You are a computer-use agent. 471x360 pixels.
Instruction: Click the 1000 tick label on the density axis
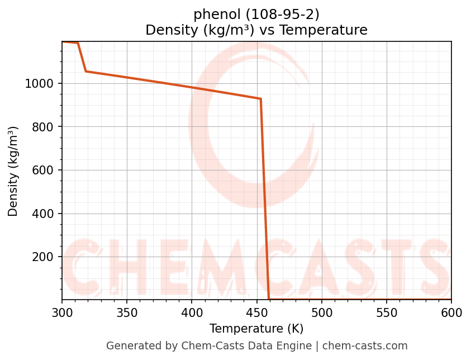[39, 84]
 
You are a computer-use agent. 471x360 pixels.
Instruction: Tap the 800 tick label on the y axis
[44, 127]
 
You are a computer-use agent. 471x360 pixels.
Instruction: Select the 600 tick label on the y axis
[44, 170]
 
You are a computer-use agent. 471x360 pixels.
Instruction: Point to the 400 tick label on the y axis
[44, 214]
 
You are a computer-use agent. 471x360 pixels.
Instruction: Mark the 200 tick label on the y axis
[44, 257]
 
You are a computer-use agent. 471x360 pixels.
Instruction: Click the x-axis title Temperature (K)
[256, 329]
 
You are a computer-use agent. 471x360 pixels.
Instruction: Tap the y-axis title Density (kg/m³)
[13, 171]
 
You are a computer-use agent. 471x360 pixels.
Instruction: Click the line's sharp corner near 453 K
[260, 99]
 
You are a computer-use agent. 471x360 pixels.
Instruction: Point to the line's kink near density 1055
[85, 71]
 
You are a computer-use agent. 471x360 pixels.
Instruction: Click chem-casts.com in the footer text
[365, 346]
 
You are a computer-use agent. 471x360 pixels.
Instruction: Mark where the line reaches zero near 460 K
[269, 299]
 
